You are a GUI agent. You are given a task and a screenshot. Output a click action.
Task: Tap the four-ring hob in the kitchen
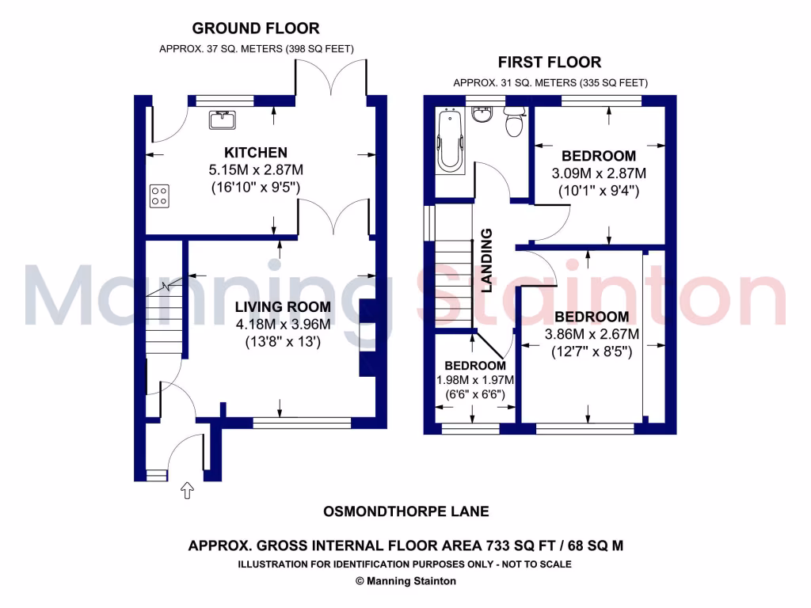pos(159,195)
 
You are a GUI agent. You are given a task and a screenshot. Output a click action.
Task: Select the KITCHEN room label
pos(255,152)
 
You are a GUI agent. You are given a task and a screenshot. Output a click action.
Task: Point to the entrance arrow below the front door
pos(188,491)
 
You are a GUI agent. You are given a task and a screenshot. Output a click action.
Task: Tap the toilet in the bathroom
pos(513,123)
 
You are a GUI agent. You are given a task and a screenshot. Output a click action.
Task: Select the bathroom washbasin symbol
pos(481,115)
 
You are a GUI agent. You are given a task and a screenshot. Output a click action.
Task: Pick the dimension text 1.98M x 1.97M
pos(475,380)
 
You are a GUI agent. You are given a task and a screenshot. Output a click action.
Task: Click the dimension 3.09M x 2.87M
pos(598,173)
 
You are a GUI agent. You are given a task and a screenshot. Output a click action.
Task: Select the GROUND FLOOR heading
pos(256,28)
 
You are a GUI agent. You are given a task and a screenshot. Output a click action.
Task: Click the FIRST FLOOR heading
pos(549,62)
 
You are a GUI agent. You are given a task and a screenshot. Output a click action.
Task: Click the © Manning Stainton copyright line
pos(405,581)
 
